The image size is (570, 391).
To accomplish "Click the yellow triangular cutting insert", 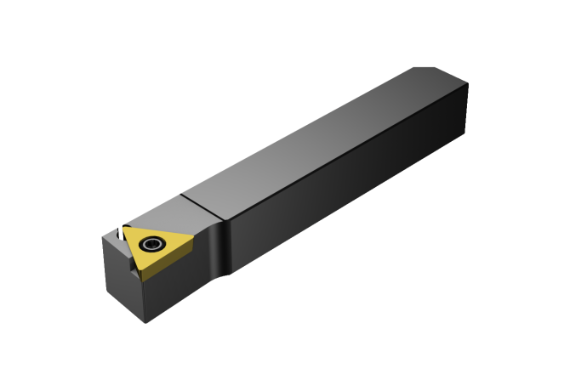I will click(157, 248).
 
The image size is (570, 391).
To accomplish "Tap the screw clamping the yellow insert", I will click(153, 245).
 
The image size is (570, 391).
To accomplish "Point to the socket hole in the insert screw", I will click(153, 245).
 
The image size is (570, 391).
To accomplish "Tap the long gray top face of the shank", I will click(323, 144).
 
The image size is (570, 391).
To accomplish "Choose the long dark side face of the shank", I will click(357, 195).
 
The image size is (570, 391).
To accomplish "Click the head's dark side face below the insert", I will click(183, 289).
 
